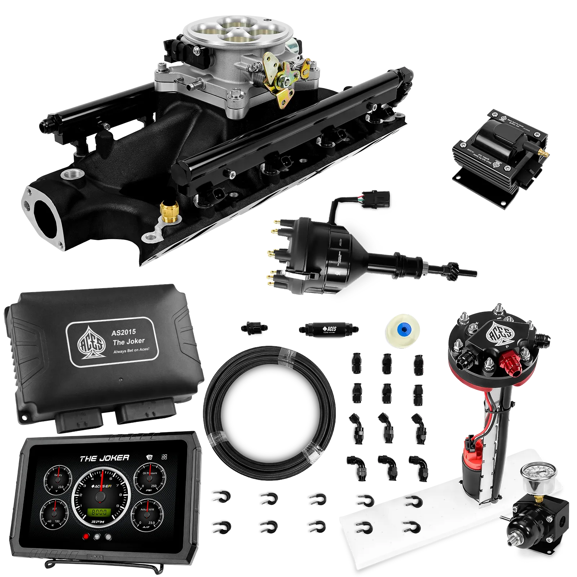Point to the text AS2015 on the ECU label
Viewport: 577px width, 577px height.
(124, 332)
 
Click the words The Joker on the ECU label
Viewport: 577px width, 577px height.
(128, 342)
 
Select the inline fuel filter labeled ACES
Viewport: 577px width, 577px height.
(328, 329)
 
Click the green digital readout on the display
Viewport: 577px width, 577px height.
(99, 512)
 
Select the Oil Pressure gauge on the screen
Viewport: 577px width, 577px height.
(150, 479)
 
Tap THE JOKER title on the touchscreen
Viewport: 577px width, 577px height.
(104, 458)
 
